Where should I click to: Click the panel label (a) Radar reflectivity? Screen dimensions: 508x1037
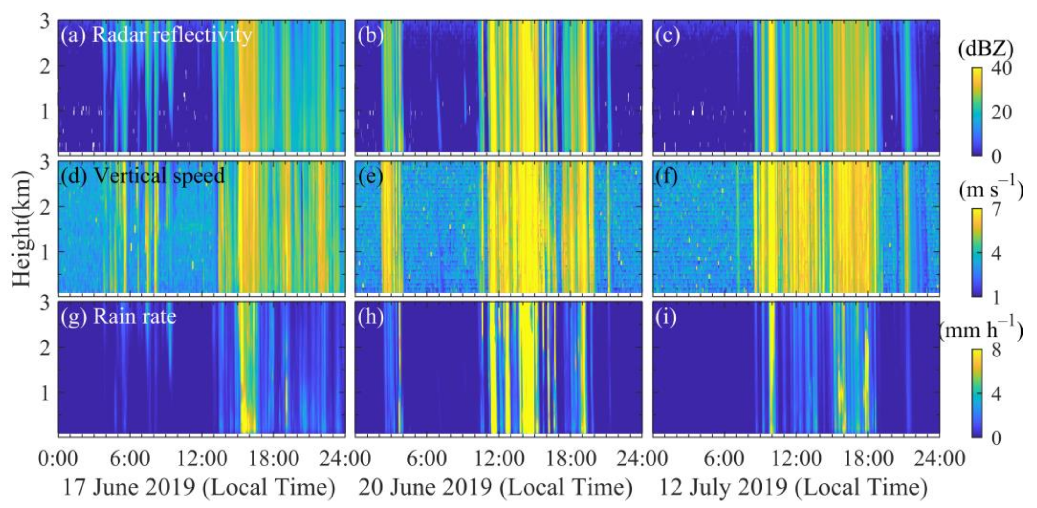[156, 35]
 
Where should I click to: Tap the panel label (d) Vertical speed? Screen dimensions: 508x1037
[142, 176]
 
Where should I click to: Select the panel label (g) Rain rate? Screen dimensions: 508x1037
[118, 316]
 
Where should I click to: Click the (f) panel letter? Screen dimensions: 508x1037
[667, 176]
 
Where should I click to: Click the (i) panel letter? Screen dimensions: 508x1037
[666, 316]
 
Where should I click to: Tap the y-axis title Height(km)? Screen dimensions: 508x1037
[22, 229]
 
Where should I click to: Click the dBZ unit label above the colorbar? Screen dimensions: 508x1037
[990, 50]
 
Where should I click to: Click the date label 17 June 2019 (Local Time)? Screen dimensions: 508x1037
[199, 488]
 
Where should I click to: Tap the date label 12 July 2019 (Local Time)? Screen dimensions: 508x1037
[793, 488]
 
